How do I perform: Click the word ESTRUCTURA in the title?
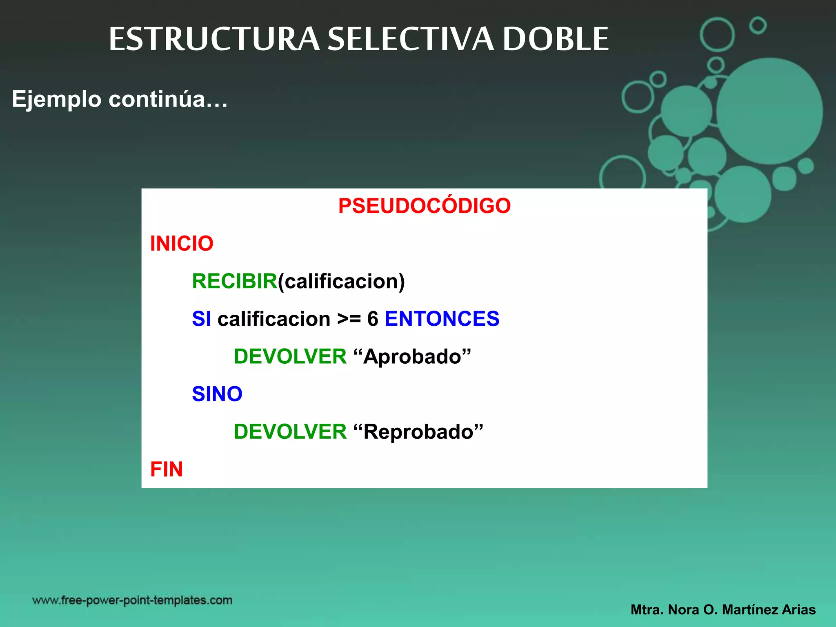click(214, 39)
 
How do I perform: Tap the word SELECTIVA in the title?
click(411, 39)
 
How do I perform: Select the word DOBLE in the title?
click(556, 39)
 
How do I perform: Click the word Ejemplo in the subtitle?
click(56, 99)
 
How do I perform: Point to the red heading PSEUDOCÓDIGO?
click(424, 206)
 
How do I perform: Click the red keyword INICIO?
click(182, 244)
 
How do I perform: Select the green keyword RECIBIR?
click(234, 281)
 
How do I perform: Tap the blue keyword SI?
click(201, 319)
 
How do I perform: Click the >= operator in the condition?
click(349, 319)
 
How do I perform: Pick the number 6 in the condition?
click(373, 319)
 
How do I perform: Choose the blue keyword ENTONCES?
click(442, 319)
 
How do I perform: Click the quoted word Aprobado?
click(412, 357)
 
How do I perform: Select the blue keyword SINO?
click(217, 394)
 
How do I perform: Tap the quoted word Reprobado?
click(418, 432)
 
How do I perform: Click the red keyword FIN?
click(167, 469)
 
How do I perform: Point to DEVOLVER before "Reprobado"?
click(290, 432)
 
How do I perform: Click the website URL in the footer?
click(132, 600)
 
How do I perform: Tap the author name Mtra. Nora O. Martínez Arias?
click(723, 610)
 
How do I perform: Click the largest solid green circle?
click(769, 111)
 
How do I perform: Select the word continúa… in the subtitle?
click(168, 99)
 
